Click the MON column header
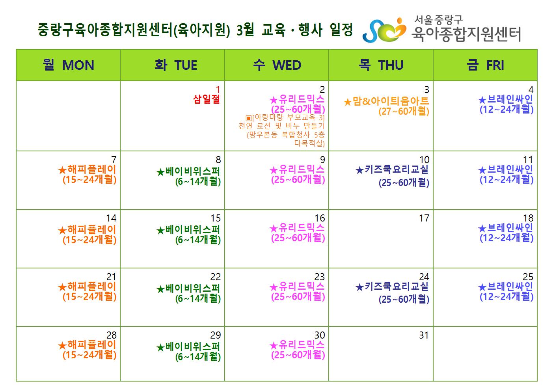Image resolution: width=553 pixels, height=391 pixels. point(68,65)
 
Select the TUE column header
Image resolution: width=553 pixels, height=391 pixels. point(176,65)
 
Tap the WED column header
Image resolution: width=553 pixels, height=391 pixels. point(277,65)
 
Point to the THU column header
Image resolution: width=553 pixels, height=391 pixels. point(381,65)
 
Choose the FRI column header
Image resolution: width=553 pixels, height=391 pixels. point(485,65)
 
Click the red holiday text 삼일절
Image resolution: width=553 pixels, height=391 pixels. point(207,99)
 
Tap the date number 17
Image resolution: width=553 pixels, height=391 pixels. point(424,218)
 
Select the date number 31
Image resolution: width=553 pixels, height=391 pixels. point(424,335)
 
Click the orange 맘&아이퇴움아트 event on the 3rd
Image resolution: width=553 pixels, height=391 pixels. point(386,106)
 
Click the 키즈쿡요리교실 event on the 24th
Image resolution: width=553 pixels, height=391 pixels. point(392,293)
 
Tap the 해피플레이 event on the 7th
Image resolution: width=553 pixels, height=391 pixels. point(87,175)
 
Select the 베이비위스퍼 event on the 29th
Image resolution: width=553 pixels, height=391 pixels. point(189,352)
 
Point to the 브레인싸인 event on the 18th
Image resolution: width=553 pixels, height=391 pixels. point(506,233)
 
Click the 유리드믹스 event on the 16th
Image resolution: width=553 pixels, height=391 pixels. point(297,233)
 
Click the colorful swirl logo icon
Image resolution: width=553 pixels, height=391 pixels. point(384,30)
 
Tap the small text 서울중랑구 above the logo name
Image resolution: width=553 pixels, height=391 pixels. point(438,20)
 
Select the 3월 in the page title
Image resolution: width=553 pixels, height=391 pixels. point(245,30)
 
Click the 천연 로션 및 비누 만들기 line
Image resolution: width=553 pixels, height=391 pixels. point(281,126)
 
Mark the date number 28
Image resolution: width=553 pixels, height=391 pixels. point(111,335)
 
